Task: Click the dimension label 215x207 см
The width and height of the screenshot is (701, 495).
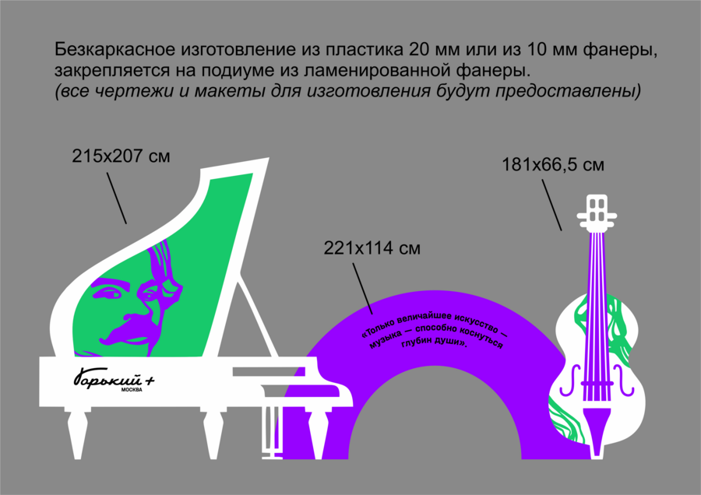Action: [x=121, y=156]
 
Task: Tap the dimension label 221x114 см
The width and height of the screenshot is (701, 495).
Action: [x=372, y=248]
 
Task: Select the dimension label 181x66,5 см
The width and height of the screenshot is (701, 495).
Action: [x=553, y=165]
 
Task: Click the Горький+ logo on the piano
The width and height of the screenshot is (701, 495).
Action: [x=114, y=379]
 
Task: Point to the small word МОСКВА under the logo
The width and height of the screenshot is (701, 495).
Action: [x=132, y=390]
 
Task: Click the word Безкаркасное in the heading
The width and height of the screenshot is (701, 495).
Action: [x=115, y=50]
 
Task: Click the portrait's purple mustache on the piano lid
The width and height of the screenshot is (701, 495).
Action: [x=129, y=328]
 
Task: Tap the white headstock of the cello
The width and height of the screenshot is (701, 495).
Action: [x=597, y=213]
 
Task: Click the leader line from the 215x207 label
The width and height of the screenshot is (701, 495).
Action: [x=117, y=198]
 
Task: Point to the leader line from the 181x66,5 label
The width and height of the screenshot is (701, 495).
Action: [x=552, y=205]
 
